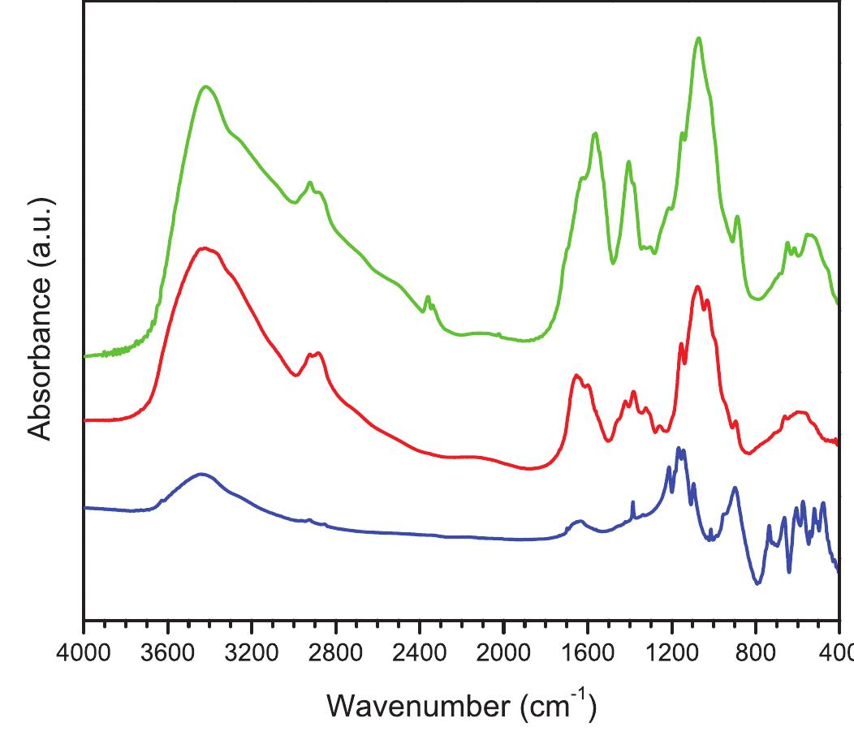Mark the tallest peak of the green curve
698,38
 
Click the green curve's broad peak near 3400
205,87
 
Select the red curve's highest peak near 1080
697,287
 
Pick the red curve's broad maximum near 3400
205,248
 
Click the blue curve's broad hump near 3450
200,474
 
